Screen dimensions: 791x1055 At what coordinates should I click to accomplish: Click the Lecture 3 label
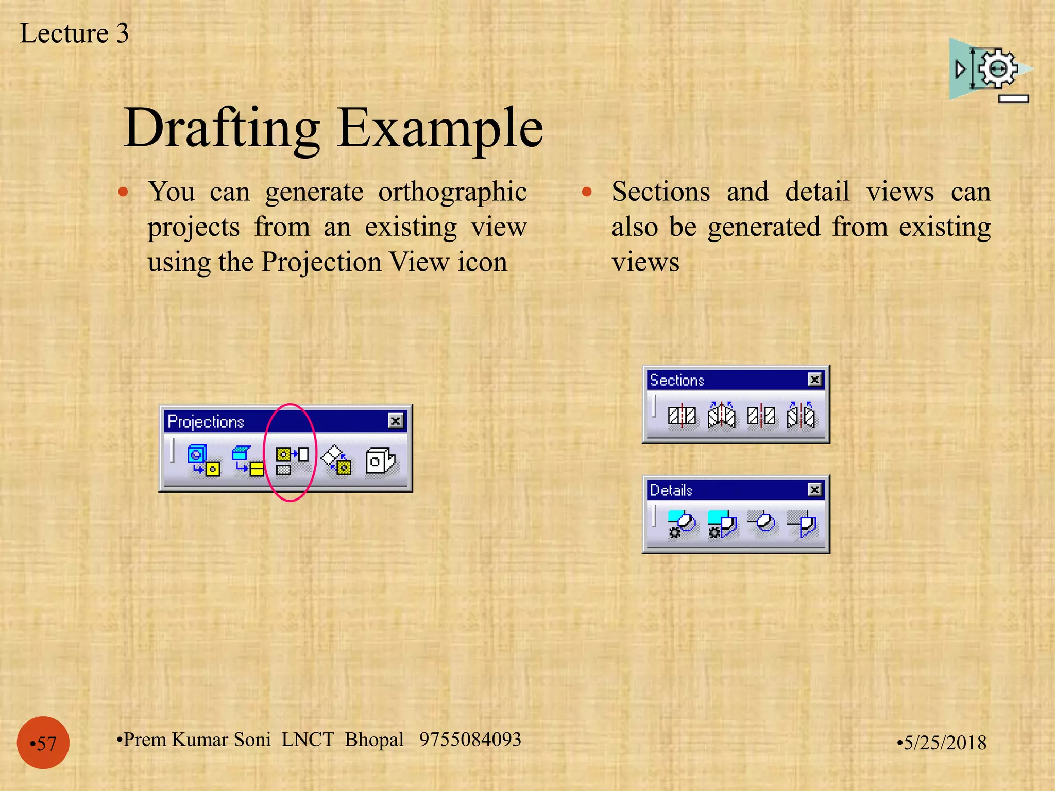pyautogui.click(x=74, y=33)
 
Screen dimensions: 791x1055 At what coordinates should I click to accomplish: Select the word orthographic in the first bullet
pyautogui.click(x=452, y=193)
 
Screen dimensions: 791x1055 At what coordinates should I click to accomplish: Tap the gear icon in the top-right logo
pyautogui.click(x=998, y=68)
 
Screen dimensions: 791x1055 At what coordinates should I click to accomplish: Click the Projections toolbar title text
pyautogui.click(x=206, y=422)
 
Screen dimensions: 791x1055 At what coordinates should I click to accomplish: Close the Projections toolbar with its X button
pyautogui.click(x=395, y=421)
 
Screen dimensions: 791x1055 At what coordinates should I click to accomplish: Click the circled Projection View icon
pyautogui.click(x=291, y=460)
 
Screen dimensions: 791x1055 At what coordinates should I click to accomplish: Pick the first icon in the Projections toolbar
pyautogui.click(x=203, y=460)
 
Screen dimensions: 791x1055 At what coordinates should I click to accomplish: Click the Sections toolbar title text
pyautogui.click(x=676, y=380)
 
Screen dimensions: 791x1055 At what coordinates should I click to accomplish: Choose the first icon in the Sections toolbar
pyautogui.click(x=682, y=416)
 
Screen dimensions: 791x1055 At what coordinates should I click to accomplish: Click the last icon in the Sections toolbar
pyautogui.click(x=801, y=416)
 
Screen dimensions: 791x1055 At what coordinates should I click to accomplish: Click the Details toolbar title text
pyautogui.click(x=671, y=490)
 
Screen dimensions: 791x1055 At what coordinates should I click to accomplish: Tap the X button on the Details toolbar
pyautogui.click(x=814, y=489)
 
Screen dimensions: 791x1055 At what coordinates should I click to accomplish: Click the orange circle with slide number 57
pyautogui.click(x=43, y=743)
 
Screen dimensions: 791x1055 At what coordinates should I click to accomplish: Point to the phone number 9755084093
pyautogui.click(x=470, y=740)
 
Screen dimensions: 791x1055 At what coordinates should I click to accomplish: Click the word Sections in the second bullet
pyautogui.click(x=660, y=192)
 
